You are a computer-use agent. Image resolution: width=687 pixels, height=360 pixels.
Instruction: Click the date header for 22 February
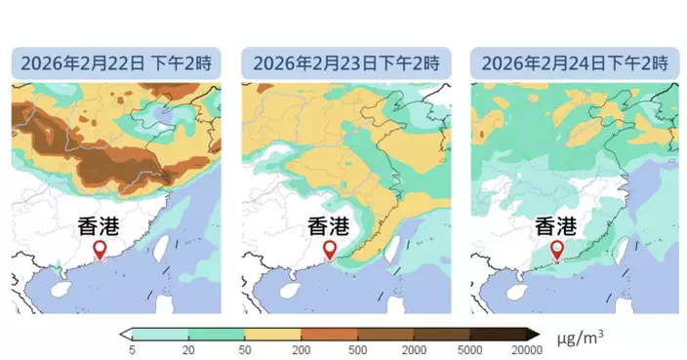(x=114, y=64)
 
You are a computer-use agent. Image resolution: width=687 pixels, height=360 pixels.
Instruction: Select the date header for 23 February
(x=343, y=64)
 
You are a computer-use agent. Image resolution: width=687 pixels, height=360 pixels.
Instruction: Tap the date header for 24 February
(x=573, y=64)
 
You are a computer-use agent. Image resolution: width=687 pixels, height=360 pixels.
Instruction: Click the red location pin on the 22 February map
(x=99, y=251)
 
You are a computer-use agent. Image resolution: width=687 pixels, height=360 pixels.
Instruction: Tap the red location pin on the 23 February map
(x=330, y=251)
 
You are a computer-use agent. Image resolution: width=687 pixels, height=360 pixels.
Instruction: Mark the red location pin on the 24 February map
(x=557, y=251)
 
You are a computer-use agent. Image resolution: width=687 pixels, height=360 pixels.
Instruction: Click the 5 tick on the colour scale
(x=132, y=348)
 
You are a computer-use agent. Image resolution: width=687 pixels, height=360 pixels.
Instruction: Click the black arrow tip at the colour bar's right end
(x=534, y=333)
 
